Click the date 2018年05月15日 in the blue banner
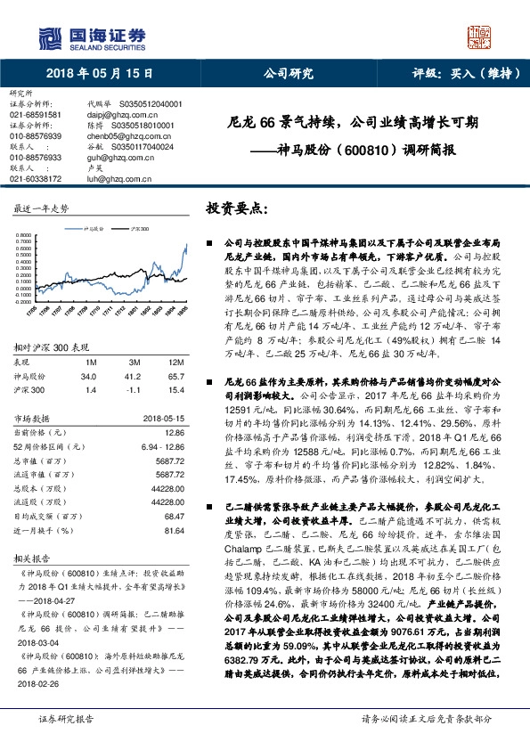[94, 76]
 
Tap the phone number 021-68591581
[36, 115]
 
